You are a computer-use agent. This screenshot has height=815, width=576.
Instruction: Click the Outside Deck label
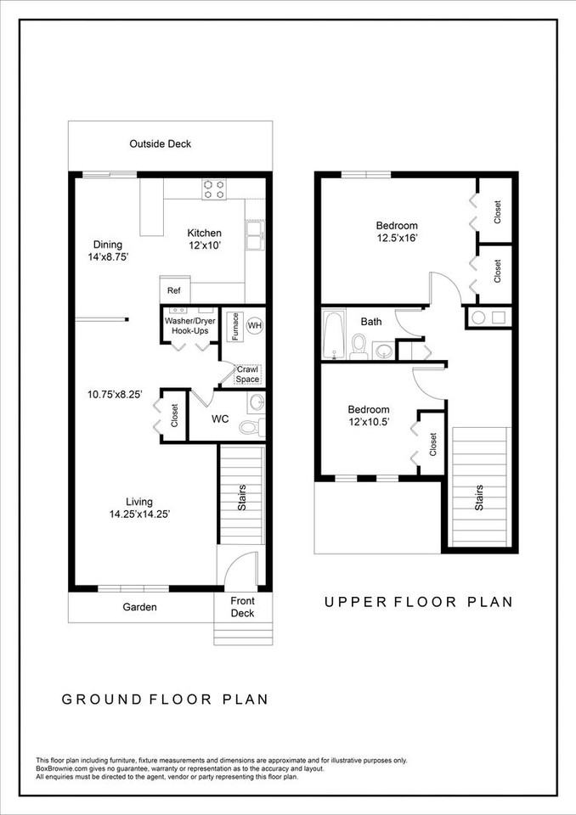click(x=161, y=144)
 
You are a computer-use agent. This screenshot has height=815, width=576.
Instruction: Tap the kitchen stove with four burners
click(x=214, y=189)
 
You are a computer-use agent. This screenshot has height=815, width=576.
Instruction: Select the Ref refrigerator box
click(x=175, y=289)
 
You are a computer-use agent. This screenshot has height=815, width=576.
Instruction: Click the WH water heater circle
click(x=254, y=326)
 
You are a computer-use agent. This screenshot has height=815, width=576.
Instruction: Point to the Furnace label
click(x=235, y=326)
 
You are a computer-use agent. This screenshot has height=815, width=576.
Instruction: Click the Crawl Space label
click(x=247, y=374)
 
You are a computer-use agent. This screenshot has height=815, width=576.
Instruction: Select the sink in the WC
click(x=257, y=402)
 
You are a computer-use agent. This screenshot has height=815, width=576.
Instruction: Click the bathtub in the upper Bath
click(x=333, y=334)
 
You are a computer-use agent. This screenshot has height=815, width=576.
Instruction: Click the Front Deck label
click(x=242, y=607)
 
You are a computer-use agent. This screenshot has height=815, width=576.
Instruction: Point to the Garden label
click(x=140, y=607)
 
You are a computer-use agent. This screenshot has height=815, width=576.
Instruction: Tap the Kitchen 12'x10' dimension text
click(x=205, y=244)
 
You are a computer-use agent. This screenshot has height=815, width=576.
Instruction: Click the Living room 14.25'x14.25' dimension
click(x=140, y=514)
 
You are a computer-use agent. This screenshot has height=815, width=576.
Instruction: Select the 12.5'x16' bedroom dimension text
click(x=397, y=238)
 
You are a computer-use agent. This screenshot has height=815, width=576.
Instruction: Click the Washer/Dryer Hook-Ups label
click(x=190, y=326)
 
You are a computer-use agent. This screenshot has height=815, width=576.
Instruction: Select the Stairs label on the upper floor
click(x=478, y=497)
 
